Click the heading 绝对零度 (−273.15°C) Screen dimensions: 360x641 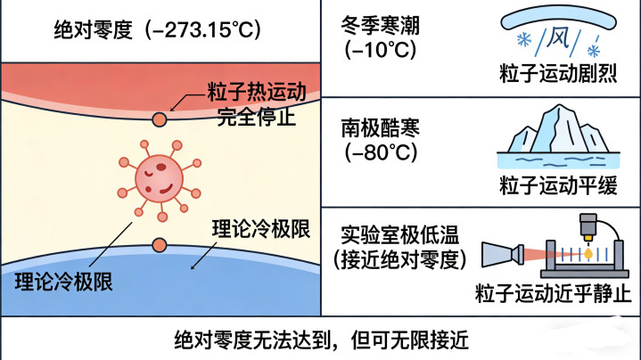coord(156,29)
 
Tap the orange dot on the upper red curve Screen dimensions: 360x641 coord(159,119)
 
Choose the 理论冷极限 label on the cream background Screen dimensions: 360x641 coord(259,227)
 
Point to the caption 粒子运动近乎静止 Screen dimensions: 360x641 coord(553,293)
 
